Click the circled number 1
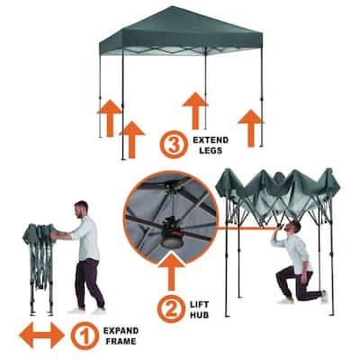click(85, 336)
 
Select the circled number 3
click(174, 144)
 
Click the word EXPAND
click(121, 331)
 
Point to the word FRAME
click(120, 341)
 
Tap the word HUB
click(200, 315)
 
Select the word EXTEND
click(211, 140)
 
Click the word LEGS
click(211, 150)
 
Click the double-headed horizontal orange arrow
click(41, 335)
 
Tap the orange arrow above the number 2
click(171, 272)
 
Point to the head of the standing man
click(81, 210)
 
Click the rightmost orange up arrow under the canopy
click(251, 128)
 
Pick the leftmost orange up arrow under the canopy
click(110, 118)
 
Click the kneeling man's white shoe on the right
click(324, 296)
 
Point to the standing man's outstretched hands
click(54, 235)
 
